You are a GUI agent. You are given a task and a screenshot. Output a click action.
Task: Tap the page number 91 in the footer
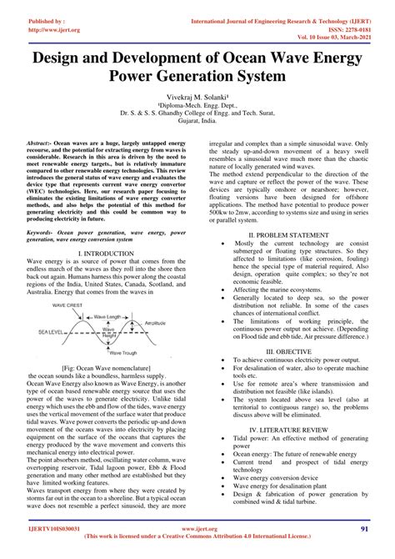364,529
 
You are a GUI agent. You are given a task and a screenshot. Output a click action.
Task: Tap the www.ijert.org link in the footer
197,529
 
